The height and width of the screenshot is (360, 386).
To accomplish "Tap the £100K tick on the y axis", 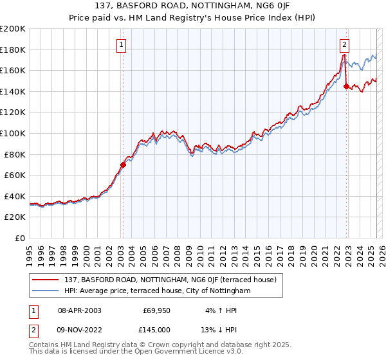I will (13, 133).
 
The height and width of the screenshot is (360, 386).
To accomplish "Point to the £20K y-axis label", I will (15, 217).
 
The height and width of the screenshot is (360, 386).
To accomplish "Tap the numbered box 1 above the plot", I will (122, 44).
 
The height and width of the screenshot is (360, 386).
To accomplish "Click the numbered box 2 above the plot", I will (345, 44).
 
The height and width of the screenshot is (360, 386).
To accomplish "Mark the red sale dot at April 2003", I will (123, 165).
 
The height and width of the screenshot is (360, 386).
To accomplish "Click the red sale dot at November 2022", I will (346, 86).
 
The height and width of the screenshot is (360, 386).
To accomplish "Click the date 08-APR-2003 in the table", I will (79, 310).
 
